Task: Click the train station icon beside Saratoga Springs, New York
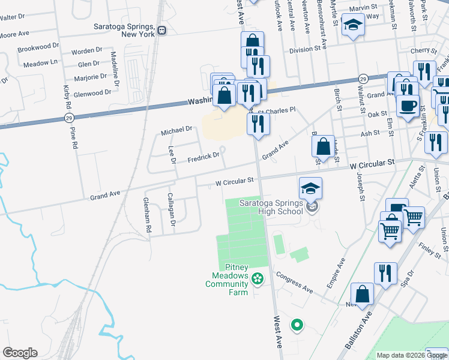click(161, 31)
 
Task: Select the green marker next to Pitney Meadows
click(258, 278)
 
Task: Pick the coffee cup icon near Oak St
click(408, 106)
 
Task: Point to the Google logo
click(20, 353)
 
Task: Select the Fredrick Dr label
click(203, 156)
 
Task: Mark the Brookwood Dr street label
click(38, 46)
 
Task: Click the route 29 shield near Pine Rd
click(70, 118)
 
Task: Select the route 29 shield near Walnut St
click(363, 79)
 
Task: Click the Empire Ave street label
click(337, 273)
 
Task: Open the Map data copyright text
click(412, 355)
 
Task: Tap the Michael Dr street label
click(176, 129)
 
